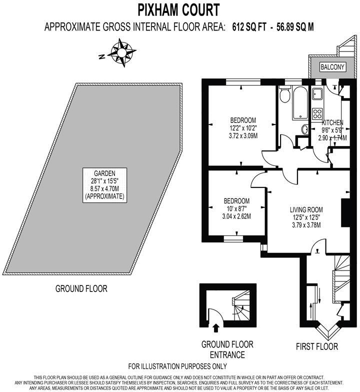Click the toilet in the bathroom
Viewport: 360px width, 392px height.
tap(285, 94)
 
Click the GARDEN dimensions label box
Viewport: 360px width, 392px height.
tap(105, 185)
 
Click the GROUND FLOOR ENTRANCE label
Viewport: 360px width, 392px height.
tap(227, 349)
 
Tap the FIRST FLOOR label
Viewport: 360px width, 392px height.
tap(316, 346)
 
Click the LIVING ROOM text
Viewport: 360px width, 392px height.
tap(306, 209)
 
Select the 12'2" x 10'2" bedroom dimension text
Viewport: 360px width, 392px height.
tap(243, 128)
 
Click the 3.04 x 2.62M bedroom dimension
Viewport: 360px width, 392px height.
tap(236, 216)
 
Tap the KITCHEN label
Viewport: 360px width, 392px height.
tap(332, 122)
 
